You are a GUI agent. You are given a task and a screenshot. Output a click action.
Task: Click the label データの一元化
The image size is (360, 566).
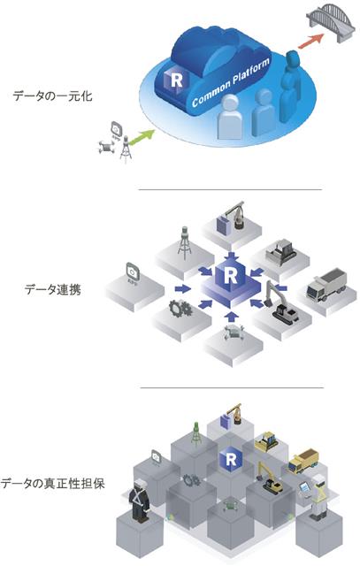[52, 96]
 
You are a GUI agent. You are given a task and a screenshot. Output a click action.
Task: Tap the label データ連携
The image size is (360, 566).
[53, 289]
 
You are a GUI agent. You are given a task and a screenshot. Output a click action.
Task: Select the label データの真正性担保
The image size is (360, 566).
[53, 484]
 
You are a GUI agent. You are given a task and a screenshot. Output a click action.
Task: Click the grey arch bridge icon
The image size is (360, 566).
[331, 22]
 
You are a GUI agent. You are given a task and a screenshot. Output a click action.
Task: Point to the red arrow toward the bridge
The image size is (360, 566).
[310, 41]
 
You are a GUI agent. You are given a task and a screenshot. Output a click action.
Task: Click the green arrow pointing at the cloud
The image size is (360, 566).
[142, 138]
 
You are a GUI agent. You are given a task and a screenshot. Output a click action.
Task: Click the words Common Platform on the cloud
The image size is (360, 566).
[230, 82]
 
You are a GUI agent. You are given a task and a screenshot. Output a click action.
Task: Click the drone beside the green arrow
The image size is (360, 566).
[106, 147]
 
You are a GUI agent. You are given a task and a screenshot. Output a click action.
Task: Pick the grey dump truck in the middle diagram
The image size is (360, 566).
[326, 284]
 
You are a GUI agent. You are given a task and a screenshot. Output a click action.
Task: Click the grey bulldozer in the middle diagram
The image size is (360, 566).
[281, 252]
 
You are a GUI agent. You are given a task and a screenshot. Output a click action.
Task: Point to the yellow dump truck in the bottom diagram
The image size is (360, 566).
[303, 461]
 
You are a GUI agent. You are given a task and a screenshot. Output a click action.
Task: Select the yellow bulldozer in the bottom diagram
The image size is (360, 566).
[266, 441]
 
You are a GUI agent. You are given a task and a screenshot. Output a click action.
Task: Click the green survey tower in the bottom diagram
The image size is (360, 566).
[196, 434]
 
